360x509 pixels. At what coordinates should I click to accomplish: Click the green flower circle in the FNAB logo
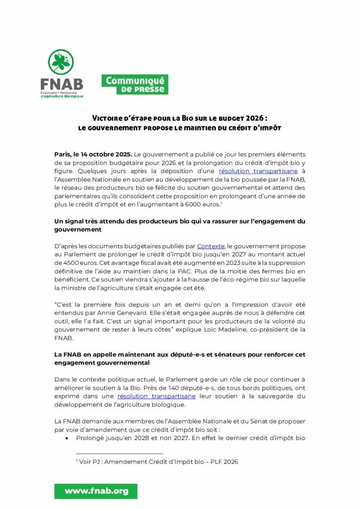[x=61, y=62]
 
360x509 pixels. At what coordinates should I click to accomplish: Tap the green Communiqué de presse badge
[x=135, y=85]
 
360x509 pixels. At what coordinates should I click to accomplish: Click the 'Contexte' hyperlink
[x=211, y=246]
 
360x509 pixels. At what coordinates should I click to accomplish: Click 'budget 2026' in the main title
[x=240, y=118]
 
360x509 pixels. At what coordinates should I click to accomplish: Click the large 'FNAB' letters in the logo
[x=61, y=84]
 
